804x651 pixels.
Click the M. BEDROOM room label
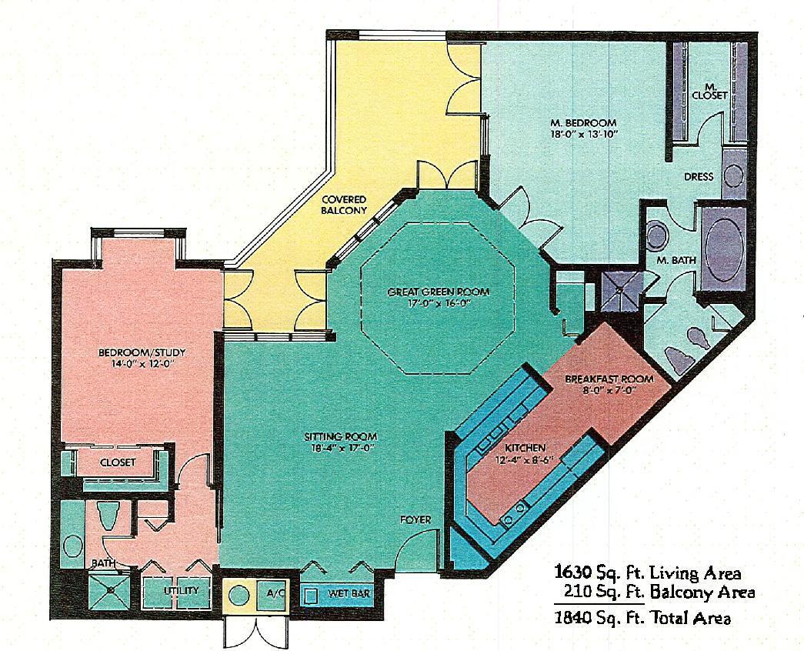(x=582, y=122)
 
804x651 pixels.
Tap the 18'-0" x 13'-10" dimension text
(x=583, y=133)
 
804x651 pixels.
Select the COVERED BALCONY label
(x=343, y=205)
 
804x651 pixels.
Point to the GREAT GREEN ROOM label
(x=438, y=292)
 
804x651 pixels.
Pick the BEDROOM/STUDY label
(x=142, y=352)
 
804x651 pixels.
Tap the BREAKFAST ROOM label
(x=609, y=379)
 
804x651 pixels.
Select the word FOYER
(x=415, y=519)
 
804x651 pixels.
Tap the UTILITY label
(x=181, y=591)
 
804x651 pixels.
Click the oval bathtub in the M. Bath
(x=720, y=244)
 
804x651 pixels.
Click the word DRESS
(x=699, y=176)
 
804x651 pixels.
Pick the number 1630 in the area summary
(x=573, y=573)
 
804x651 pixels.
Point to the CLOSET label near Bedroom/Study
(x=118, y=462)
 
